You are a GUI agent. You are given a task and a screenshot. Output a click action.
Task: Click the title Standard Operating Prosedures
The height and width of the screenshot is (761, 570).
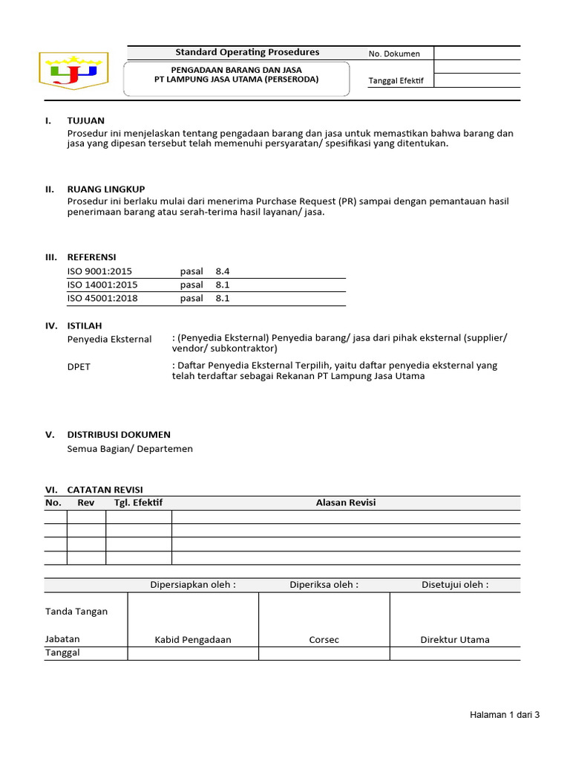(x=247, y=52)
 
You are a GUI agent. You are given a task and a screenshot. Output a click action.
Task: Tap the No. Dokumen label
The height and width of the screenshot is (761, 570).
(x=394, y=54)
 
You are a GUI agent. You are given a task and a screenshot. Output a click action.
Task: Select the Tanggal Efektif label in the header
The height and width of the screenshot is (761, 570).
(x=396, y=81)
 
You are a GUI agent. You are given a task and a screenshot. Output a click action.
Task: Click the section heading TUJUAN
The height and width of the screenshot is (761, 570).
(x=85, y=120)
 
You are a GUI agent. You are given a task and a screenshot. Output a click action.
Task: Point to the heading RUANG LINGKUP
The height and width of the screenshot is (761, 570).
(x=106, y=189)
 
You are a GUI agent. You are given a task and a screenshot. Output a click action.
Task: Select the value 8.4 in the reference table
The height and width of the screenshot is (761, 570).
(x=223, y=272)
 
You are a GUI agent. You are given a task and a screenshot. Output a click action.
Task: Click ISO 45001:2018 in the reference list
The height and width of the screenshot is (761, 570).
(x=102, y=299)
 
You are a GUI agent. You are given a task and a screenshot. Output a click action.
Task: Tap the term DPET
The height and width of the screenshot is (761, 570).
(x=79, y=367)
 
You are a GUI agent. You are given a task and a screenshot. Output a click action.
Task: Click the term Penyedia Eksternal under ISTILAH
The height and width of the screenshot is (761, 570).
(x=109, y=340)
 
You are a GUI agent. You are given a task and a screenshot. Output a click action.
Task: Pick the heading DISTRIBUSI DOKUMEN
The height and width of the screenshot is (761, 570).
(x=119, y=435)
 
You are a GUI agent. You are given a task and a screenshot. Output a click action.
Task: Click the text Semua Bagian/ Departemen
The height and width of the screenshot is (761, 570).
(x=130, y=449)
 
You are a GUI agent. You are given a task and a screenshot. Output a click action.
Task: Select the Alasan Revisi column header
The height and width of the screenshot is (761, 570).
(x=346, y=503)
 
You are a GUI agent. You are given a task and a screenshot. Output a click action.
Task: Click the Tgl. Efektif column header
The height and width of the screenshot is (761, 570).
(x=138, y=503)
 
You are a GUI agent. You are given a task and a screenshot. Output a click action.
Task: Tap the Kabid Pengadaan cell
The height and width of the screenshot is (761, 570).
(x=193, y=640)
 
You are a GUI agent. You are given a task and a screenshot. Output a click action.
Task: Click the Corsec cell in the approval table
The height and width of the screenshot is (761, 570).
(x=324, y=640)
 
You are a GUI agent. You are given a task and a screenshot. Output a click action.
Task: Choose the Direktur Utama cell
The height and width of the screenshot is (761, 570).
(x=455, y=640)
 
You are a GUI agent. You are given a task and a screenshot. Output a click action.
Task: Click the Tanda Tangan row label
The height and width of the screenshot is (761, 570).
(x=76, y=612)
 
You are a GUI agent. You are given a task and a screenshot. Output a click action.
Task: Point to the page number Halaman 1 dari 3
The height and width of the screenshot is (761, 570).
(x=505, y=715)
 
